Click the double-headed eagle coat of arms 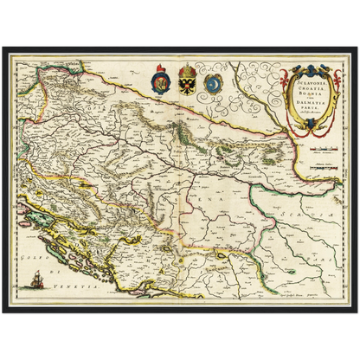(186, 88)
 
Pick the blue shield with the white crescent (214, 84)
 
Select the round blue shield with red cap (160, 85)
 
